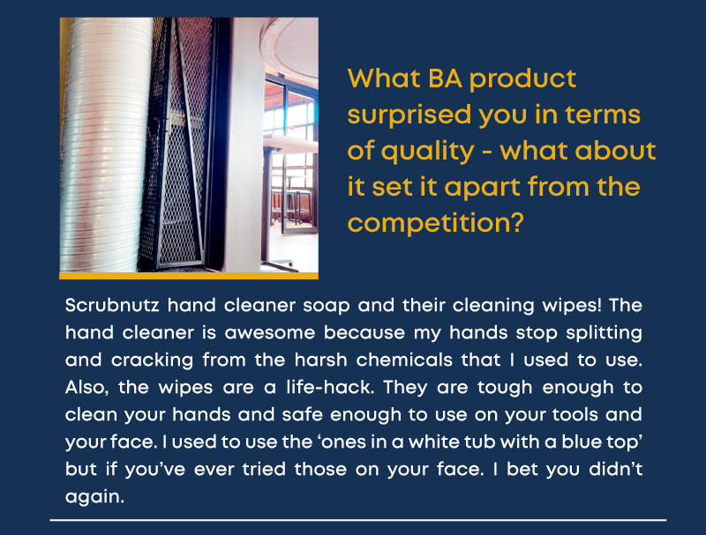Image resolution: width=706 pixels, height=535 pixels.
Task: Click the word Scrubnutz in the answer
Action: pos(112,305)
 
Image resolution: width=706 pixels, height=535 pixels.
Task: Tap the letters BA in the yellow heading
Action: pos(445,78)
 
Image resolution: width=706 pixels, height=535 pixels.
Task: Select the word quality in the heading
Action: pos(428,152)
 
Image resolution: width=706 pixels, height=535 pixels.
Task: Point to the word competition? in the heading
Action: pos(436,224)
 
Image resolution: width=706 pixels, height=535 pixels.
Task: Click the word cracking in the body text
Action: pos(152,360)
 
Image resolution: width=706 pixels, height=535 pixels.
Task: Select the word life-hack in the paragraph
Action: pos(330,387)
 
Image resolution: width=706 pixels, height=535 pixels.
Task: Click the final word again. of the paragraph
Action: pos(94,497)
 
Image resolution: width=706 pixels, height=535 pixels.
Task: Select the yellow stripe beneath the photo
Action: pos(189,276)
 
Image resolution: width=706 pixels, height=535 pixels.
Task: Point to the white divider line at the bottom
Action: pos(358,520)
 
